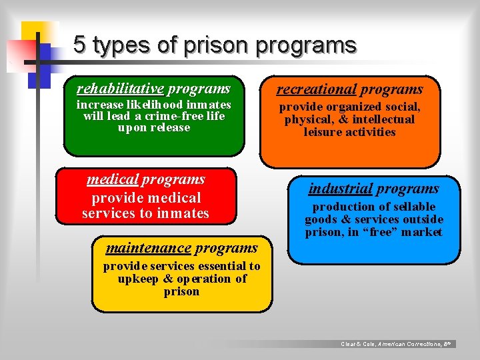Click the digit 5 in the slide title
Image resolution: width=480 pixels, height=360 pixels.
point(80,45)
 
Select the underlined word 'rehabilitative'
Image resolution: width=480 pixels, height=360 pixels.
point(120,89)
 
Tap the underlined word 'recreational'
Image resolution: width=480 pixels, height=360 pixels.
point(317,89)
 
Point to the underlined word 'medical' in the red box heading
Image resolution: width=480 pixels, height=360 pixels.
point(112,179)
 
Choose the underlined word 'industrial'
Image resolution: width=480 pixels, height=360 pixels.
point(340,189)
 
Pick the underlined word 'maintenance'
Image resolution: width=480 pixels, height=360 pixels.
point(148,248)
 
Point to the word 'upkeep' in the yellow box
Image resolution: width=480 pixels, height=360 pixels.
point(138,279)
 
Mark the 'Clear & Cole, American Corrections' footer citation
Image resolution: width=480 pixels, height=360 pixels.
point(396,344)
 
